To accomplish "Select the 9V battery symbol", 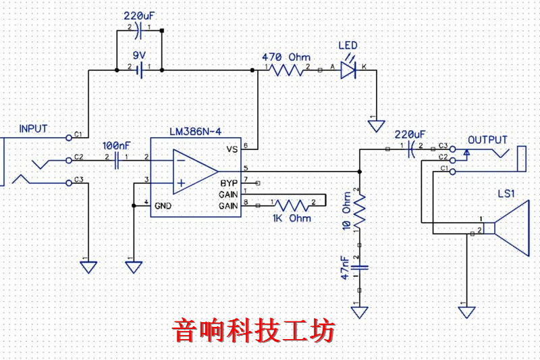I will coord(140,68).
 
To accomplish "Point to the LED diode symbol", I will coord(348,68).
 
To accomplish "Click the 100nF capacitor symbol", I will coord(119,160).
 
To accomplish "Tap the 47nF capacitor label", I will coord(344,267).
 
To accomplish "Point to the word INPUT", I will coord(34,128).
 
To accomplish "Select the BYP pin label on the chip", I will coord(228,183).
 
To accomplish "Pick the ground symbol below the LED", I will coord(377,126).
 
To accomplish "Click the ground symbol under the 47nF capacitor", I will coord(359,311).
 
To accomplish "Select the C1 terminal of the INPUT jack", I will coord(69,137).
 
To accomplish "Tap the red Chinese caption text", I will coord(254,331).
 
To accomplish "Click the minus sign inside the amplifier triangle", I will coord(180,161).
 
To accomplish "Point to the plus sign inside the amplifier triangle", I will coord(180,182).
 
